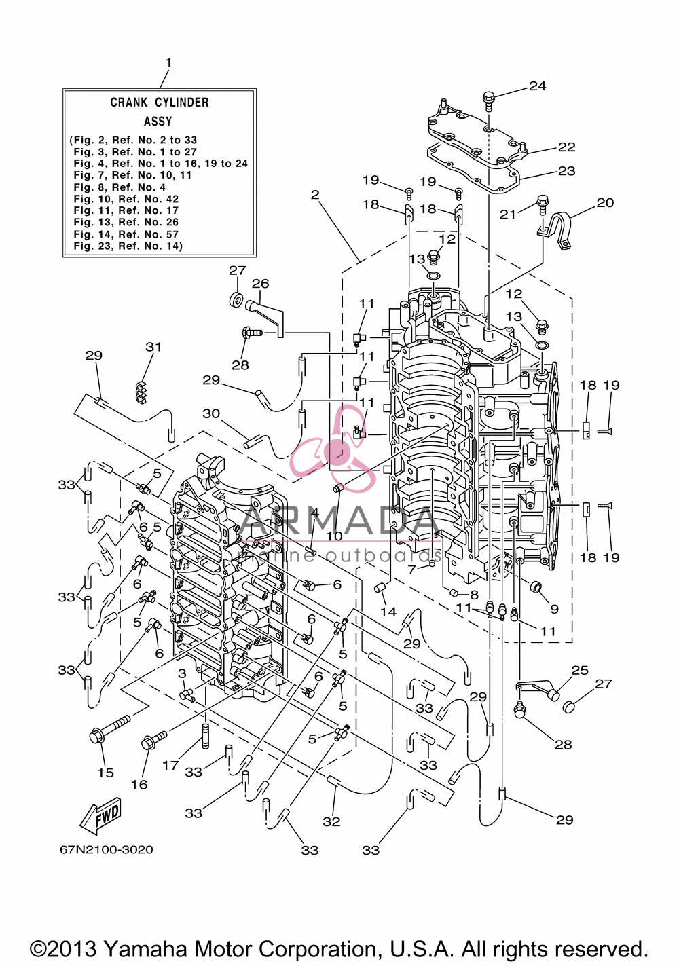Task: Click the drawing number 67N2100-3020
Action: [107, 850]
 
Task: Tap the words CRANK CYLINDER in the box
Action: [160, 103]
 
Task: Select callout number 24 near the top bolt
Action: [538, 86]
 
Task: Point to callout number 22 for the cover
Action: [567, 147]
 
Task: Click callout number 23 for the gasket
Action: [567, 171]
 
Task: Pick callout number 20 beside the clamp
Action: [605, 203]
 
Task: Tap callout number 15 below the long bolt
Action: [105, 773]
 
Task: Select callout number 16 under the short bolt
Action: [139, 785]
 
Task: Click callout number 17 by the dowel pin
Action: [170, 766]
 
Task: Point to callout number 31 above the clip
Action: [153, 347]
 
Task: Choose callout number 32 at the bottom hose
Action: [331, 822]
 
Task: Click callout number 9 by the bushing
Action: [554, 609]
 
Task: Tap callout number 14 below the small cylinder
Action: [388, 612]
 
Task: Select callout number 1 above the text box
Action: [168, 63]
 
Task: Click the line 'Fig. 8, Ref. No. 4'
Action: [120, 187]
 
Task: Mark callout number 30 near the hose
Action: [211, 414]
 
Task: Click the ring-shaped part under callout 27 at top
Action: [236, 299]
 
